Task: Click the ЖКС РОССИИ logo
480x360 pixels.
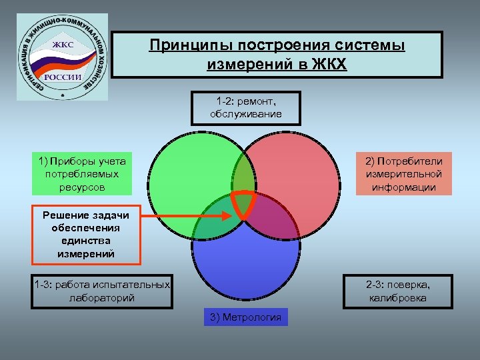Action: pos(62,55)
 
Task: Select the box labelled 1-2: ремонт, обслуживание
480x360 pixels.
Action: pos(245,107)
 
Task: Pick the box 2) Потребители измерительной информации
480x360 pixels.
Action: pos(403,174)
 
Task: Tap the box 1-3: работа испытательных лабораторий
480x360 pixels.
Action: pos(102,291)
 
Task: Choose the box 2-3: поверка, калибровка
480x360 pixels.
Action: pos(397,291)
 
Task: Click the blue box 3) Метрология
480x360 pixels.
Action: pos(246,317)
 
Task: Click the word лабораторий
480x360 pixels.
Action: pos(102,298)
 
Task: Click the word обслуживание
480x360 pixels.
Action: pos(245,114)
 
